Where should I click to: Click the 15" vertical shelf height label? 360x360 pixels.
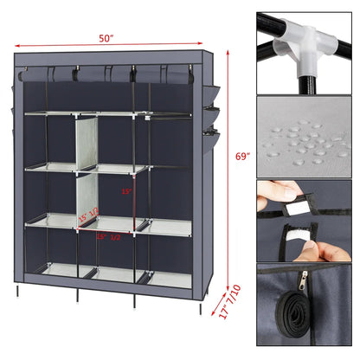[125, 192]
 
